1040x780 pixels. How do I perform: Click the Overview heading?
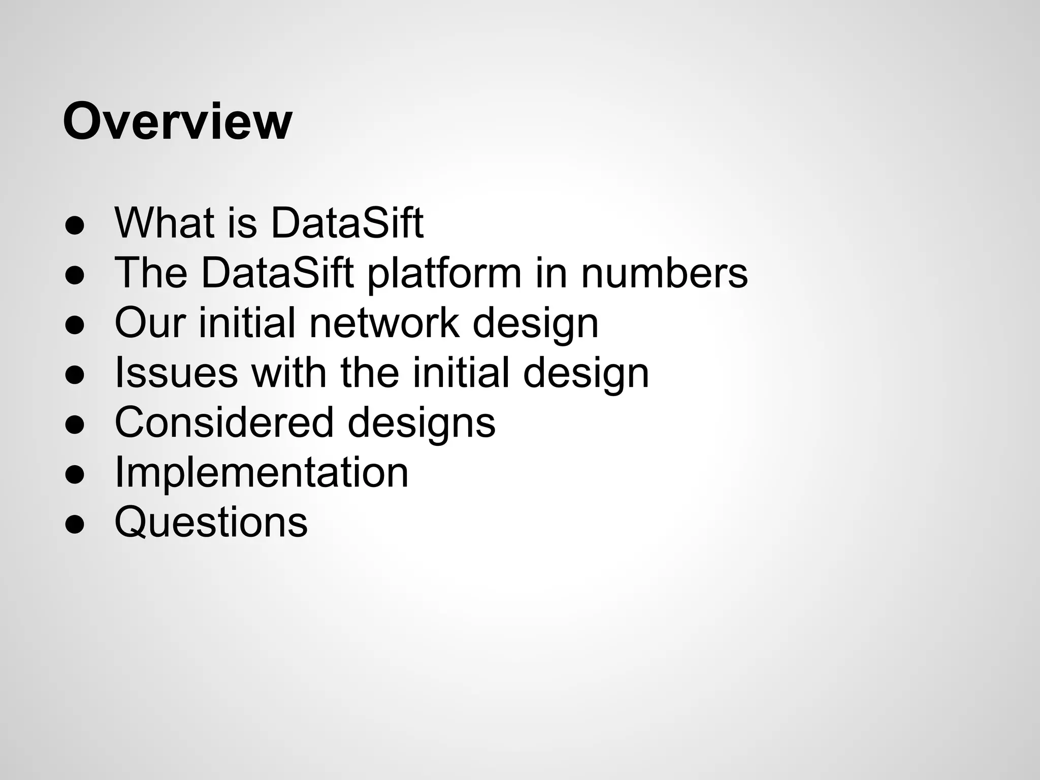tap(177, 122)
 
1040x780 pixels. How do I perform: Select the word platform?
tap(444, 273)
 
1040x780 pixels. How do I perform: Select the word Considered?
tap(224, 422)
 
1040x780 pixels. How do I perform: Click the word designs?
tap(421, 422)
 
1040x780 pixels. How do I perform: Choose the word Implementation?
tap(262, 472)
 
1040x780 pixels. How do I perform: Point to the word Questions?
tap(211, 522)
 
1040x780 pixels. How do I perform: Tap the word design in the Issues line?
tap(586, 372)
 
